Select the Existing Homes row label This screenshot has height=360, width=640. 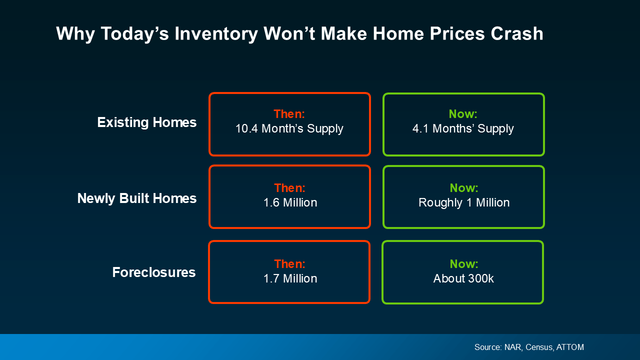click(146, 122)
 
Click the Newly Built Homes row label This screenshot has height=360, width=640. click(136, 198)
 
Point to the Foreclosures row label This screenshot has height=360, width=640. click(153, 272)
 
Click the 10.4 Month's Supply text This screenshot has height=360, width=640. click(289, 128)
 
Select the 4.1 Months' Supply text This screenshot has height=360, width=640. click(463, 128)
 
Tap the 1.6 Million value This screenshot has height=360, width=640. click(290, 202)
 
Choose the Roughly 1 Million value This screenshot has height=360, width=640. click(464, 202)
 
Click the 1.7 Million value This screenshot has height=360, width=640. click(290, 278)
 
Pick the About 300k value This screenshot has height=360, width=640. click(463, 278)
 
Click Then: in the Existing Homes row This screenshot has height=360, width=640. click(289, 114)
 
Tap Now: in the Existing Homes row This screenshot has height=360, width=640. click(463, 114)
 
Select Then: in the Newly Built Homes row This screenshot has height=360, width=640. click(289, 188)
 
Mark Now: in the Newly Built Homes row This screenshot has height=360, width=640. click(464, 188)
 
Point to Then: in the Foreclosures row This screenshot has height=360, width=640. click(289, 264)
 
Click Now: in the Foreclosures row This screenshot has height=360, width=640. click(464, 264)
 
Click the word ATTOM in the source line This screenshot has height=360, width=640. click(569, 347)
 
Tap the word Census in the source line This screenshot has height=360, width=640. click(536, 347)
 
